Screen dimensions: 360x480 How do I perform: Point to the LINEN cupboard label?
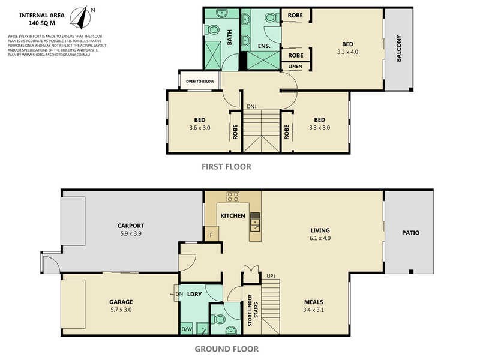coord(295,66)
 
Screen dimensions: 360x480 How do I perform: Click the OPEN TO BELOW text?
coord(200,80)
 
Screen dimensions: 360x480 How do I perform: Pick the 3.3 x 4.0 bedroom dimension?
coord(348,52)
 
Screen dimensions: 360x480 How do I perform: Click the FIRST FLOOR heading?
coord(226,167)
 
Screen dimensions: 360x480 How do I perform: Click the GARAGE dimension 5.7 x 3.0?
coord(121,310)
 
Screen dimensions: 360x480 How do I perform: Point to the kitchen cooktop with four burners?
coord(233,198)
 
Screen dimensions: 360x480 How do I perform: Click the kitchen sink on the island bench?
coord(255,223)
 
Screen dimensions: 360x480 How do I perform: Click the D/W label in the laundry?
coord(187,329)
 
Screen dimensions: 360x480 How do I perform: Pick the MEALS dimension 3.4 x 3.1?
coord(314,310)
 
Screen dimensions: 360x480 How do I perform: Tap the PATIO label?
coord(410,232)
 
